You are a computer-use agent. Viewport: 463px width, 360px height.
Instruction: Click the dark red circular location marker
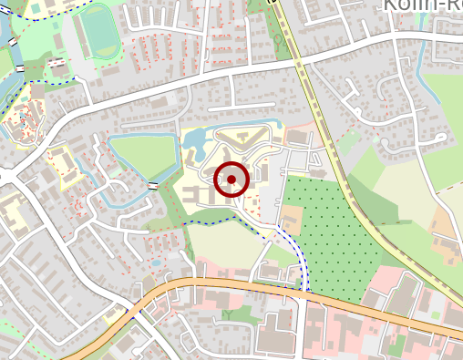pos(231,179)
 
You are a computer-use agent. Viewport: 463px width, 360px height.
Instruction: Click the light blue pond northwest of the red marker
pos(195,140)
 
